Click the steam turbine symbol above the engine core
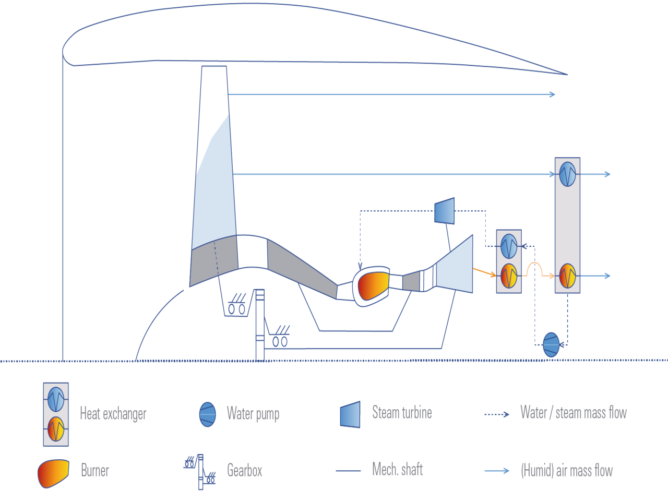pyautogui.click(x=445, y=211)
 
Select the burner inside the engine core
pyautogui.click(x=373, y=285)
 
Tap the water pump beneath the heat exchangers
pyautogui.click(x=551, y=344)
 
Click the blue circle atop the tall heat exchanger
pyautogui.click(x=567, y=174)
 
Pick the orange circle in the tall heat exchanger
pyautogui.click(x=567, y=276)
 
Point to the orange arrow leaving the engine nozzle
pyautogui.click(x=484, y=272)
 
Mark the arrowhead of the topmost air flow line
pyautogui.click(x=553, y=94)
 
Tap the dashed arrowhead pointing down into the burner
pyautogui.click(x=360, y=267)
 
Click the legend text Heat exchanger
pyautogui.click(x=113, y=414)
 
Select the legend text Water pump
pyautogui.click(x=253, y=414)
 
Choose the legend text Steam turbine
pyautogui.click(x=402, y=413)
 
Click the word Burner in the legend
pyautogui.click(x=95, y=471)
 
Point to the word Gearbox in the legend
pyautogui.click(x=245, y=471)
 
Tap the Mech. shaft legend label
pyautogui.click(x=398, y=469)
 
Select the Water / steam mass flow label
pyautogui.click(x=574, y=413)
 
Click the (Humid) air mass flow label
pyautogui.click(x=567, y=471)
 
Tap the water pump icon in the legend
pyautogui.click(x=208, y=414)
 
